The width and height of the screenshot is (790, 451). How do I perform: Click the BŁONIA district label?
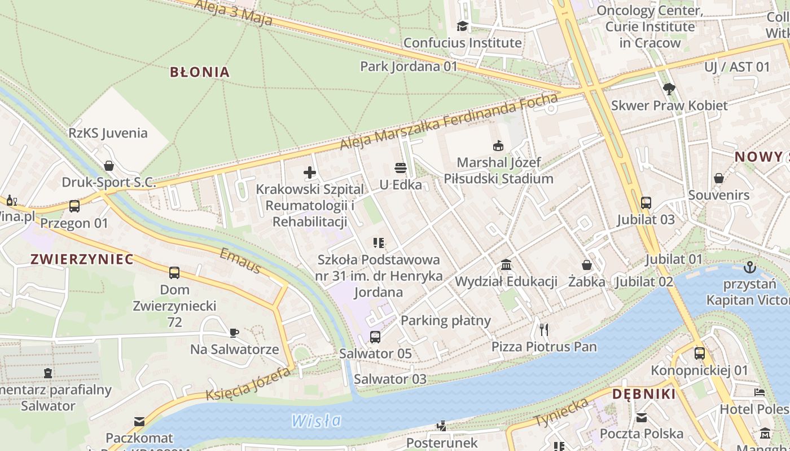200,72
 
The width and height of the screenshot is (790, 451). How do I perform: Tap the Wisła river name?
317,421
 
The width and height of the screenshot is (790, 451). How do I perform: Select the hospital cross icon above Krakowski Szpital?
310,173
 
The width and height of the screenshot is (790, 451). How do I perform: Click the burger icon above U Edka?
401,168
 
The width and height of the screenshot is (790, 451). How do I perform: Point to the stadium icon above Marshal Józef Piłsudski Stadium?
498,146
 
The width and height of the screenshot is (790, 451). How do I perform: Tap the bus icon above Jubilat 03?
646,203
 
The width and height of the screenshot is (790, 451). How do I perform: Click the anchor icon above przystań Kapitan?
750,267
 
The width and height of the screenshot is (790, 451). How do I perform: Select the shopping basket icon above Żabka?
587,265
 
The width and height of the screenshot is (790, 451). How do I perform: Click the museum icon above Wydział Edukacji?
506,265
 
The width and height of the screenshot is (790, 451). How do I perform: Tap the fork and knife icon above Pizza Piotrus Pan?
544,329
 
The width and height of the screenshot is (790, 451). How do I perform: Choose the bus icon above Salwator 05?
375,337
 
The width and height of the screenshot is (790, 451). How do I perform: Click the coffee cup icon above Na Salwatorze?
234,333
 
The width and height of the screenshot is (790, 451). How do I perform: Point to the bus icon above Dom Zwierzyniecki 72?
174,273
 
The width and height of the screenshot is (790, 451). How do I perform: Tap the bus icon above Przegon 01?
74,206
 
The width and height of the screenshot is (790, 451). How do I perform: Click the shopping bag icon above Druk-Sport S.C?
109,166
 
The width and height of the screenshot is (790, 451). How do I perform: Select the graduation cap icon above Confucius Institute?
463,26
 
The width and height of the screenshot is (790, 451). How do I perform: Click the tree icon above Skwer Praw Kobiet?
669,89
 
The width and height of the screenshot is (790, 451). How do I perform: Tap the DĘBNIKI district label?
644,394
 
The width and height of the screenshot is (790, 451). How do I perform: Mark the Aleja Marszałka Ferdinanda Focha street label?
449,122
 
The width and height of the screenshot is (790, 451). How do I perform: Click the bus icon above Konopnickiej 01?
700,353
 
